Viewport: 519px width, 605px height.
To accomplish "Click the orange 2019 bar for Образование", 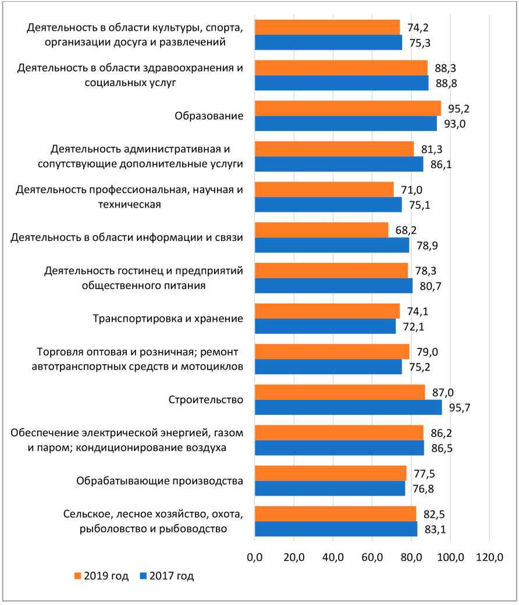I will [x=347, y=109].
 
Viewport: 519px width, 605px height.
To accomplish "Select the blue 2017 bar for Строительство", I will [x=348, y=407].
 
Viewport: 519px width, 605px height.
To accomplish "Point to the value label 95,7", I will [x=457, y=407].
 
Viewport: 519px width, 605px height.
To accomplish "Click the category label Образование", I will [x=209, y=116].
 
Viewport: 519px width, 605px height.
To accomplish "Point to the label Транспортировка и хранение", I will [x=168, y=319].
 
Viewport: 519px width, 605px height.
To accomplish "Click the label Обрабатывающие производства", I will [x=159, y=481].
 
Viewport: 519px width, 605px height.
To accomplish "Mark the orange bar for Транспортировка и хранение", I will [x=327, y=311].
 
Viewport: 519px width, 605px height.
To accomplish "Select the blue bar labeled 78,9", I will [x=332, y=245].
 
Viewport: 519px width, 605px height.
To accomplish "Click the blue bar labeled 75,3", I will [x=328, y=42].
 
